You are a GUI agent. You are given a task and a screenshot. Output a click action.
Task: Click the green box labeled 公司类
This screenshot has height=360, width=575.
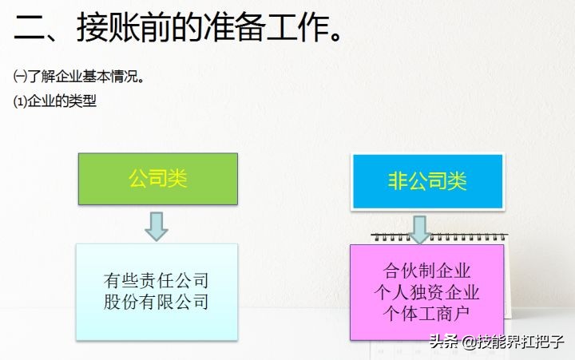pyautogui.click(x=157, y=178)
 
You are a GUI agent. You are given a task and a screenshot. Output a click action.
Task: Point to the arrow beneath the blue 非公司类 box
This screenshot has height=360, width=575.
pyautogui.click(x=420, y=229)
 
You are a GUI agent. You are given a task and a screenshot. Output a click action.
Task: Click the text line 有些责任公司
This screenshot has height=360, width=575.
pyautogui.click(x=157, y=281)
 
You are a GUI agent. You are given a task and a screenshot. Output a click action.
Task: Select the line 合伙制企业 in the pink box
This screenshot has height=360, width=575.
pyautogui.click(x=426, y=270)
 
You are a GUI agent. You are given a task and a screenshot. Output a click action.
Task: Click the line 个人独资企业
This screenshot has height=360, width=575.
pyautogui.click(x=426, y=291)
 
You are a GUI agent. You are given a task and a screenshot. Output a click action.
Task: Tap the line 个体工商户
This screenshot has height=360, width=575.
pyautogui.click(x=426, y=311)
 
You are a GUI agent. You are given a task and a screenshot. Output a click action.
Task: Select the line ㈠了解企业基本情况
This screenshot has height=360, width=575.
pyautogui.click(x=79, y=77)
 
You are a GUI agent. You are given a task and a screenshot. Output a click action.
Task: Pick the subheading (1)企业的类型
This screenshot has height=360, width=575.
pyautogui.click(x=56, y=101)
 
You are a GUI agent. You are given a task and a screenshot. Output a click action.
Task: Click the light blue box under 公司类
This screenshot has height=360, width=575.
pyautogui.click(x=157, y=291)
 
